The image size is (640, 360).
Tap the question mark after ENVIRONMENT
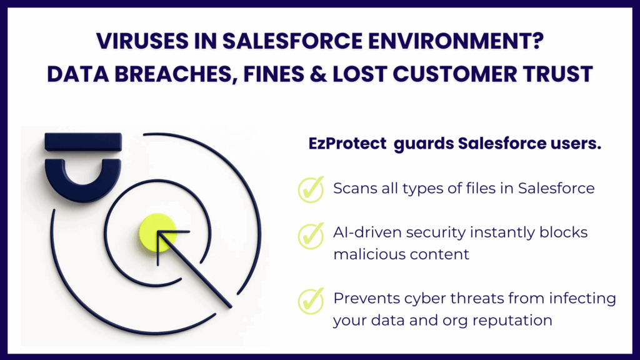[x=538, y=41]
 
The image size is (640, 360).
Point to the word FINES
[x=273, y=74]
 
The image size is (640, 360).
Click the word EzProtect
[x=347, y=143]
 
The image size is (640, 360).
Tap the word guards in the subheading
[x=423, y=144]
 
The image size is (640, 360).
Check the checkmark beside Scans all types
[x=311, y=189]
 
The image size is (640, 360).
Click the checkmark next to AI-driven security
[x=311, y=236]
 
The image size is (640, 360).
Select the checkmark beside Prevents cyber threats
[x=311, y=301]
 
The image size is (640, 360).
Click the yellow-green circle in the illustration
[x=157, y=232]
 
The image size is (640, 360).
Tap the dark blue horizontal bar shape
[x=83, y=142]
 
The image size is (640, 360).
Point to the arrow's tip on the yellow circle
[x=158, y=232]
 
